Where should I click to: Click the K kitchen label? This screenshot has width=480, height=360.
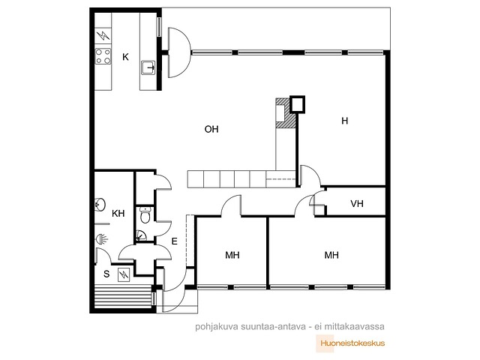coord(125,57)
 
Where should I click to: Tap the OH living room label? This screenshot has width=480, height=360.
coord(211,129)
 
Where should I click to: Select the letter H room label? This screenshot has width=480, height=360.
coord(345,121)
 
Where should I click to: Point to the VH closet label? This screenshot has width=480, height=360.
coord(357,203)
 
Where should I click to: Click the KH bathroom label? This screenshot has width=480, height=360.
coord(118,213)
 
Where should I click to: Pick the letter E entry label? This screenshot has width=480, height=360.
coord(174,241)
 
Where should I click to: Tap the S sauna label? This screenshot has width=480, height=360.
coord(106,274)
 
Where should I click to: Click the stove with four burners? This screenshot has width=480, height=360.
coord(103,56)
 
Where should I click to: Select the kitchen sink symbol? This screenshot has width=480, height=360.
coord(148,67)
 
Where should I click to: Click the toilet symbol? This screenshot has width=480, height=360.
coord(145,215)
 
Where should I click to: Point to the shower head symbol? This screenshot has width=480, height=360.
coord(101,238)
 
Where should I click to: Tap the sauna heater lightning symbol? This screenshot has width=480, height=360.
coord(124,274)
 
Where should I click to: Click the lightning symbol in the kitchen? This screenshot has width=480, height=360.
coord(103,36)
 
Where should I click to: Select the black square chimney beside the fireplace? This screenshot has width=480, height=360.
coord(297,104)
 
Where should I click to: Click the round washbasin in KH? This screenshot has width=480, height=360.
coord(100,205)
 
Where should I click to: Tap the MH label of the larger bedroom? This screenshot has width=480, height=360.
coord(331,255)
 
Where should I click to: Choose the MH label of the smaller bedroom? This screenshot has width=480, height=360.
coord(232,255)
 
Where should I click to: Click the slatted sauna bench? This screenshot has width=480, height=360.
coord(123,296)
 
